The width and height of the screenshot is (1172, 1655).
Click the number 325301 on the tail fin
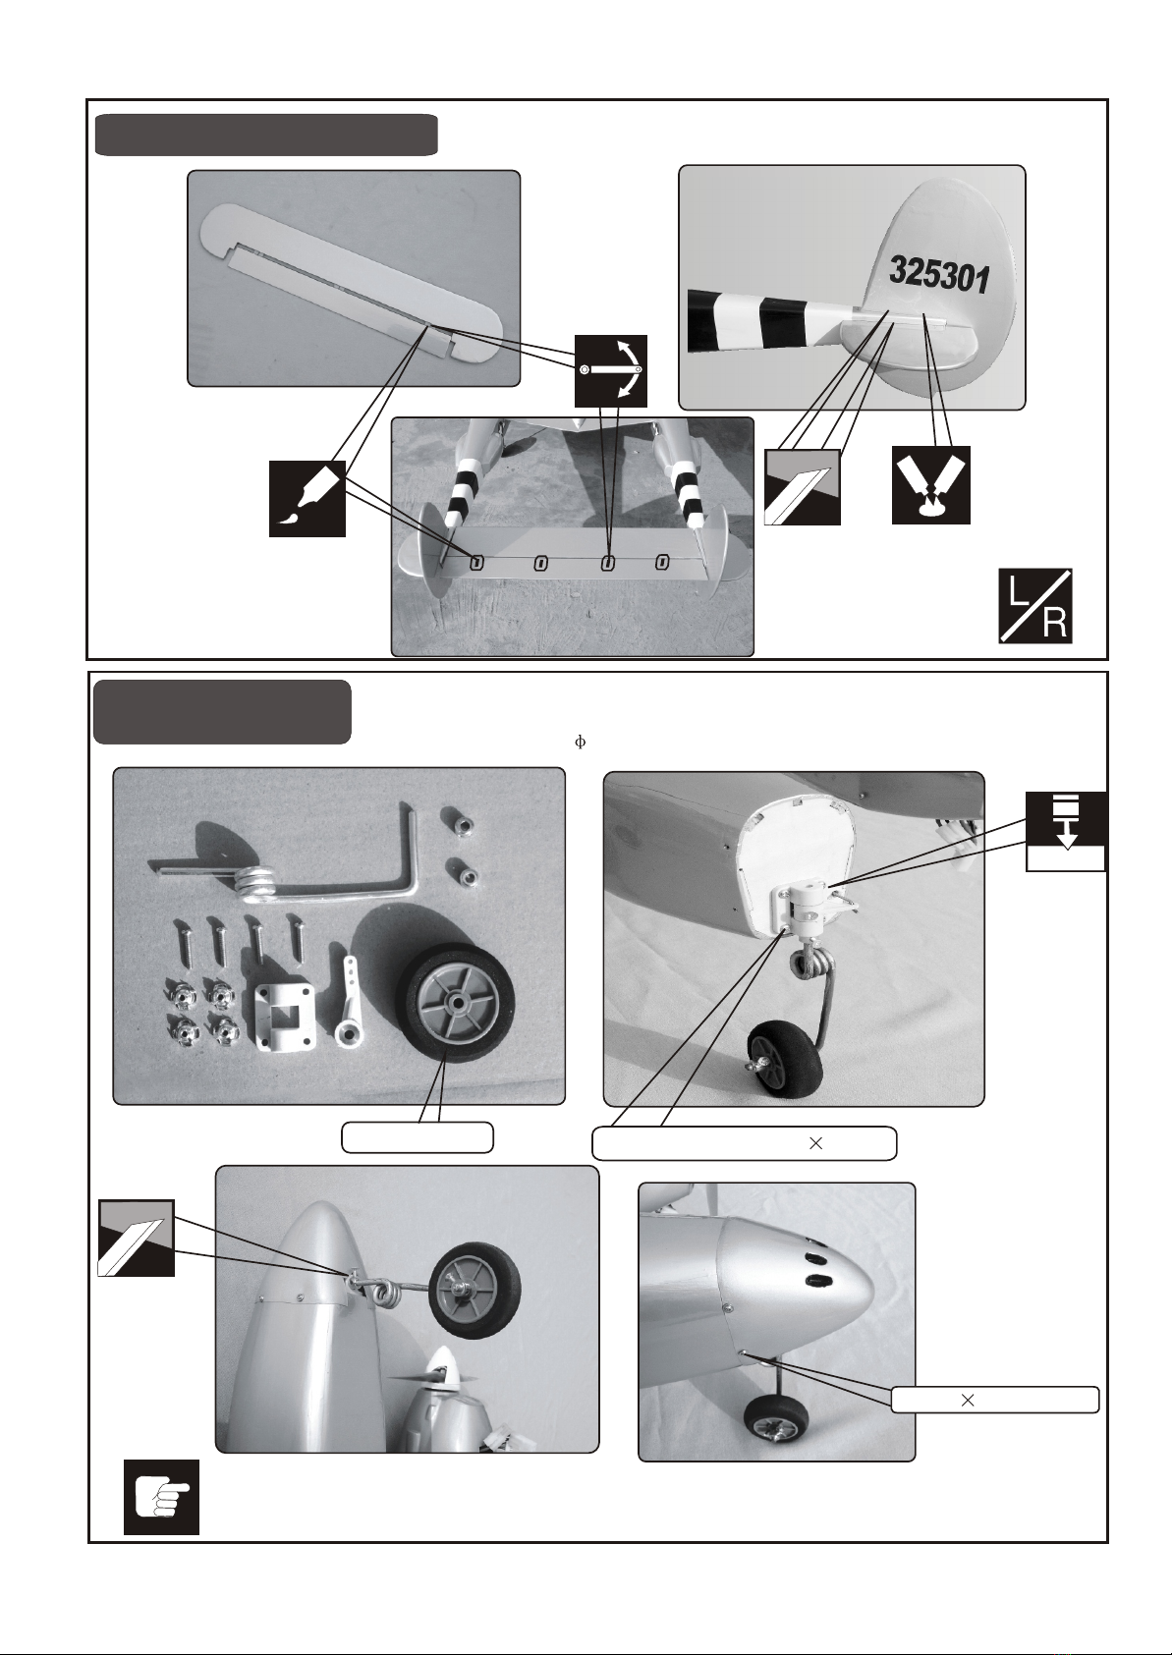pyautogui.click(x=938, y=275)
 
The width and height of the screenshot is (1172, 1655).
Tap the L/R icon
pyautogui.click(x=1035, y=606)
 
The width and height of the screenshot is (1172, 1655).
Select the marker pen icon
pyautogui.click(x=307, y=498)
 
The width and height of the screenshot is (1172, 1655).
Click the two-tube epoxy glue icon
pyautogui.click(x=931, y=484)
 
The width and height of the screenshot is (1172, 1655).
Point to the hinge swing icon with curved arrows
pyautogui.click(x=611, y=371)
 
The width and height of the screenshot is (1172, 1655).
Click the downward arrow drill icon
pyautogui.click(x=1066, y=831)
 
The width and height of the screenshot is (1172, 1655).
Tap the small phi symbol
pyautogui.click(x=580, y=743)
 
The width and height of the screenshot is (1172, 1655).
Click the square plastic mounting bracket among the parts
pyautogui.click(x=284, y=1017)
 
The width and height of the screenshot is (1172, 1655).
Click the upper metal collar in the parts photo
pyautogui.click(x=458, y=821)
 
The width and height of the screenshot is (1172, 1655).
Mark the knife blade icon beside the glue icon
pyautogui.click(x=802, y=487)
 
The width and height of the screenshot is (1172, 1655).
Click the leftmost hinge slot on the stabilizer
pyautogui.click(x=476, y=563)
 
